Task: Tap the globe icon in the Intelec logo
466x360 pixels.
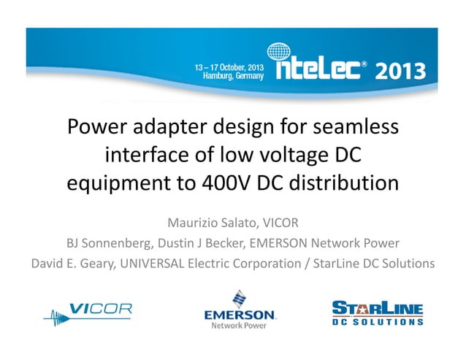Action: coord(279,53)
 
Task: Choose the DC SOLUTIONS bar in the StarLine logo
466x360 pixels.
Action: coord(378,321)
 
